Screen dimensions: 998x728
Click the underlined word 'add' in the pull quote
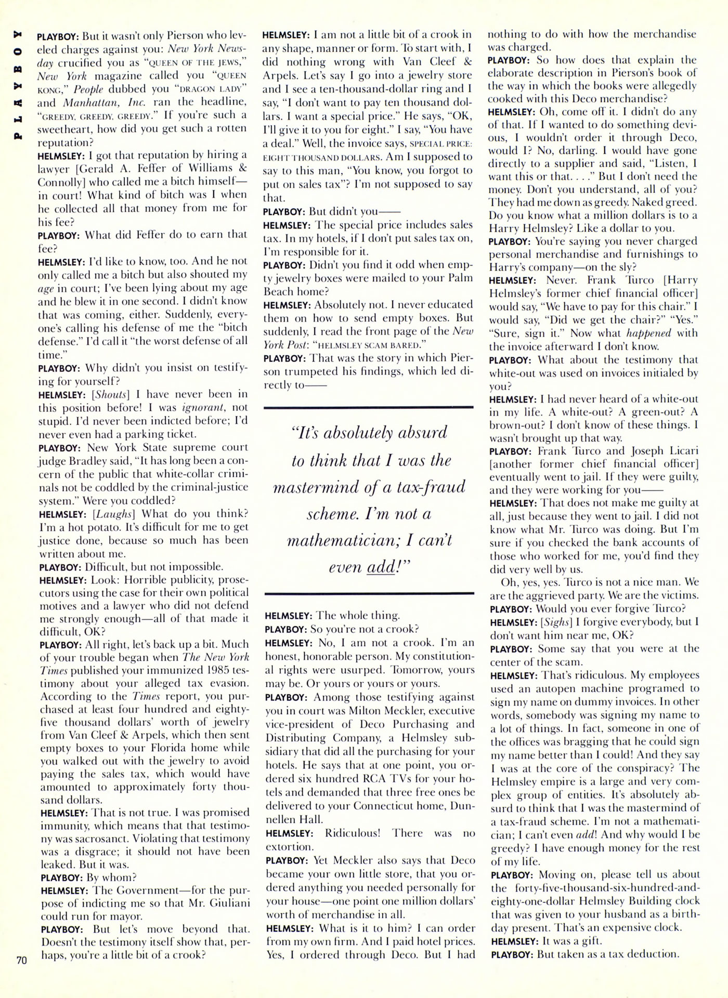[380, 567]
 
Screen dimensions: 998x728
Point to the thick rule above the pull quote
[369, 407]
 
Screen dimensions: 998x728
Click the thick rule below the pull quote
[369, 593]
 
